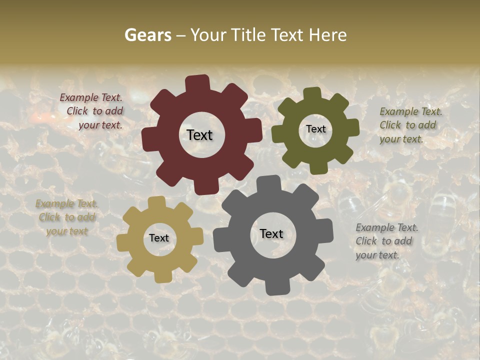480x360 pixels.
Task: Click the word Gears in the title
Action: [x=147, y=35]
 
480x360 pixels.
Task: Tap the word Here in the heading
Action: [x=327, y=35]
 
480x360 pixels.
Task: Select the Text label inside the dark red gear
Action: [x=200, y=135]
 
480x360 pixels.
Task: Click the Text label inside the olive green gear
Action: [x=315, y=129]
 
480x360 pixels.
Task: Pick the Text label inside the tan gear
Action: [x=159, y=238]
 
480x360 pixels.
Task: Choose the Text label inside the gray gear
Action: [x=271, y=234]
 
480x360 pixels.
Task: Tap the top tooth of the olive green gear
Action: [x=312, y=94]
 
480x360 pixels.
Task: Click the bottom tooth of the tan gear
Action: [x=161, y=276]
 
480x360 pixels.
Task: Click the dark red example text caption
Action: [x=92, y=111]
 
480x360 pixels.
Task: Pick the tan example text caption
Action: [x=66, y=217]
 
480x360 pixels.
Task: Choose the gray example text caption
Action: [x=386, y=241]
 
